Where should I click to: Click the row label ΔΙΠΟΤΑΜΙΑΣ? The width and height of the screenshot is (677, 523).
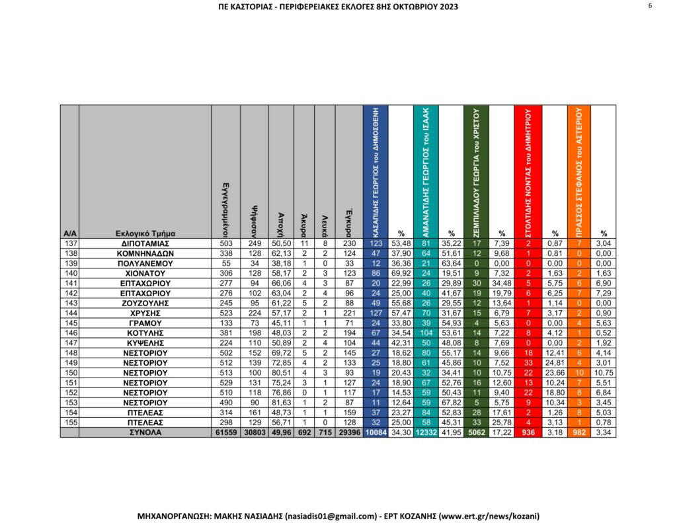(x=145, y=243)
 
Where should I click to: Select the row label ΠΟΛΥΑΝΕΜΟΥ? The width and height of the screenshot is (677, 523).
(x=145, y=262)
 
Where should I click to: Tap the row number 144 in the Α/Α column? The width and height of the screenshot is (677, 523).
(x=69, y=312)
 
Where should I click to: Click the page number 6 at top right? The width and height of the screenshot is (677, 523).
(x=651, y=6)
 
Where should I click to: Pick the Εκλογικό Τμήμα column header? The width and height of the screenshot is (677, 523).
(x=145, y=233)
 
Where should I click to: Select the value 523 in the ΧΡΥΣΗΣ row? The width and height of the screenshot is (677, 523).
(x=224, y=312)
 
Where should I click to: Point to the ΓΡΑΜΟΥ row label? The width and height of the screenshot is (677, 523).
(x=145, y=322)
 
